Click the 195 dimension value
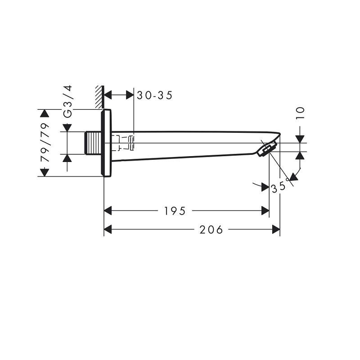[x=175, y=211]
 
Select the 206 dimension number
[x=211, y=229]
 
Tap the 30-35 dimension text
[x=154, y=95]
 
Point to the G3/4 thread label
[x=68, y=102]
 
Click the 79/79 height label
[x=45, y=142]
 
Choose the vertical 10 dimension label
[x=300, y=113]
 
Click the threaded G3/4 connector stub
[x=93, y=143]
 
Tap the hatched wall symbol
[x=99, y=97]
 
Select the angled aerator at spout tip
[x=267, y=149]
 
